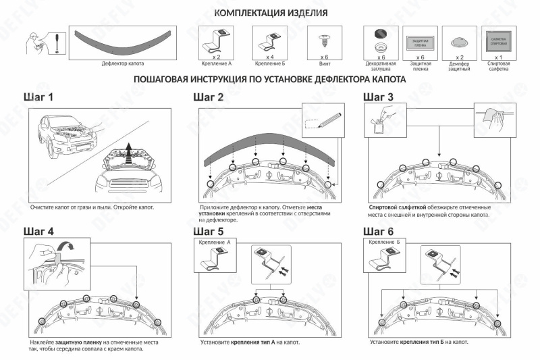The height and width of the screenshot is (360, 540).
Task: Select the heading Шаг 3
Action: pos(378,97)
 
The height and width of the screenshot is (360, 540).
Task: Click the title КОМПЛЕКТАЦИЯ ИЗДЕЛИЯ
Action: pos(271,14)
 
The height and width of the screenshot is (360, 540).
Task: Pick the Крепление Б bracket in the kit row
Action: pos(269,40)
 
